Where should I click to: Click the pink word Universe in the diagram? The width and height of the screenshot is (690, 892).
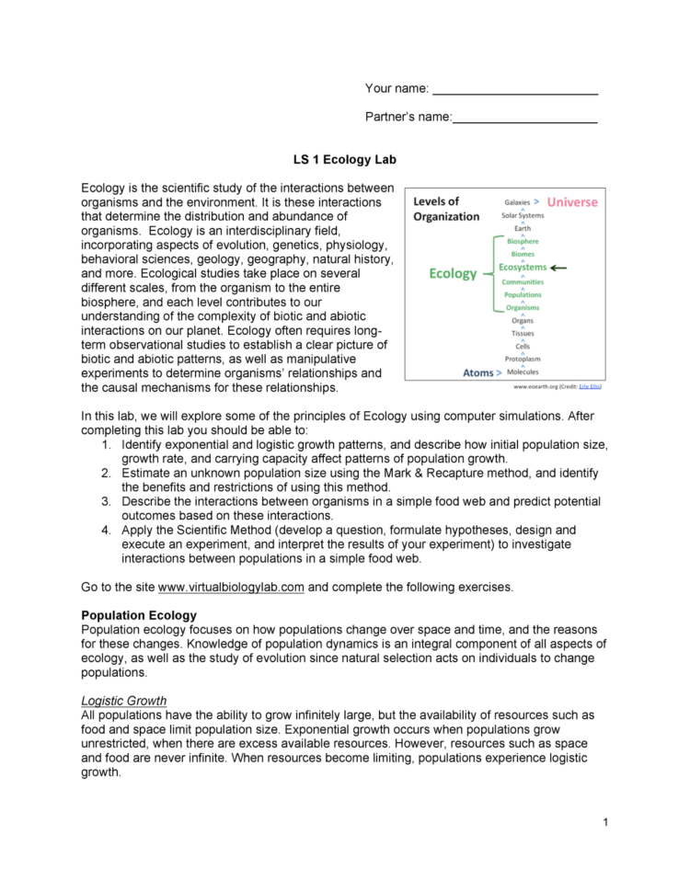(571, 201)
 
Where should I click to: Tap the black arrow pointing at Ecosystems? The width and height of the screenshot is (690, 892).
(559, 268)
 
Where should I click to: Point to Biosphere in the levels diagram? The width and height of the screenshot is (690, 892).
(523, 241)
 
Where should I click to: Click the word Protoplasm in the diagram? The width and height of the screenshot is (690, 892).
(523, 359)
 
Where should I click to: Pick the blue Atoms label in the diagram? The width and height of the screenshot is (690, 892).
(478, 373)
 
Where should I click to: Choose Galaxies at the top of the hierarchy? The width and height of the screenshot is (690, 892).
(517, 201)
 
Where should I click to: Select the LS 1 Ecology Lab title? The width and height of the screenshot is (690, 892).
(345, 160)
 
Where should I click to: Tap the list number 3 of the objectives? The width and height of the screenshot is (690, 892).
(107, 501)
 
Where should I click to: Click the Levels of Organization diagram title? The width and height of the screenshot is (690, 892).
(446, 209)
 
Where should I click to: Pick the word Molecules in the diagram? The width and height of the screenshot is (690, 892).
(523, 372)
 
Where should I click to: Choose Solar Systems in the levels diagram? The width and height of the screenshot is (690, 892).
(523, 215)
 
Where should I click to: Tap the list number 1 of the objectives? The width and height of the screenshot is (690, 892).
(107, 444)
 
